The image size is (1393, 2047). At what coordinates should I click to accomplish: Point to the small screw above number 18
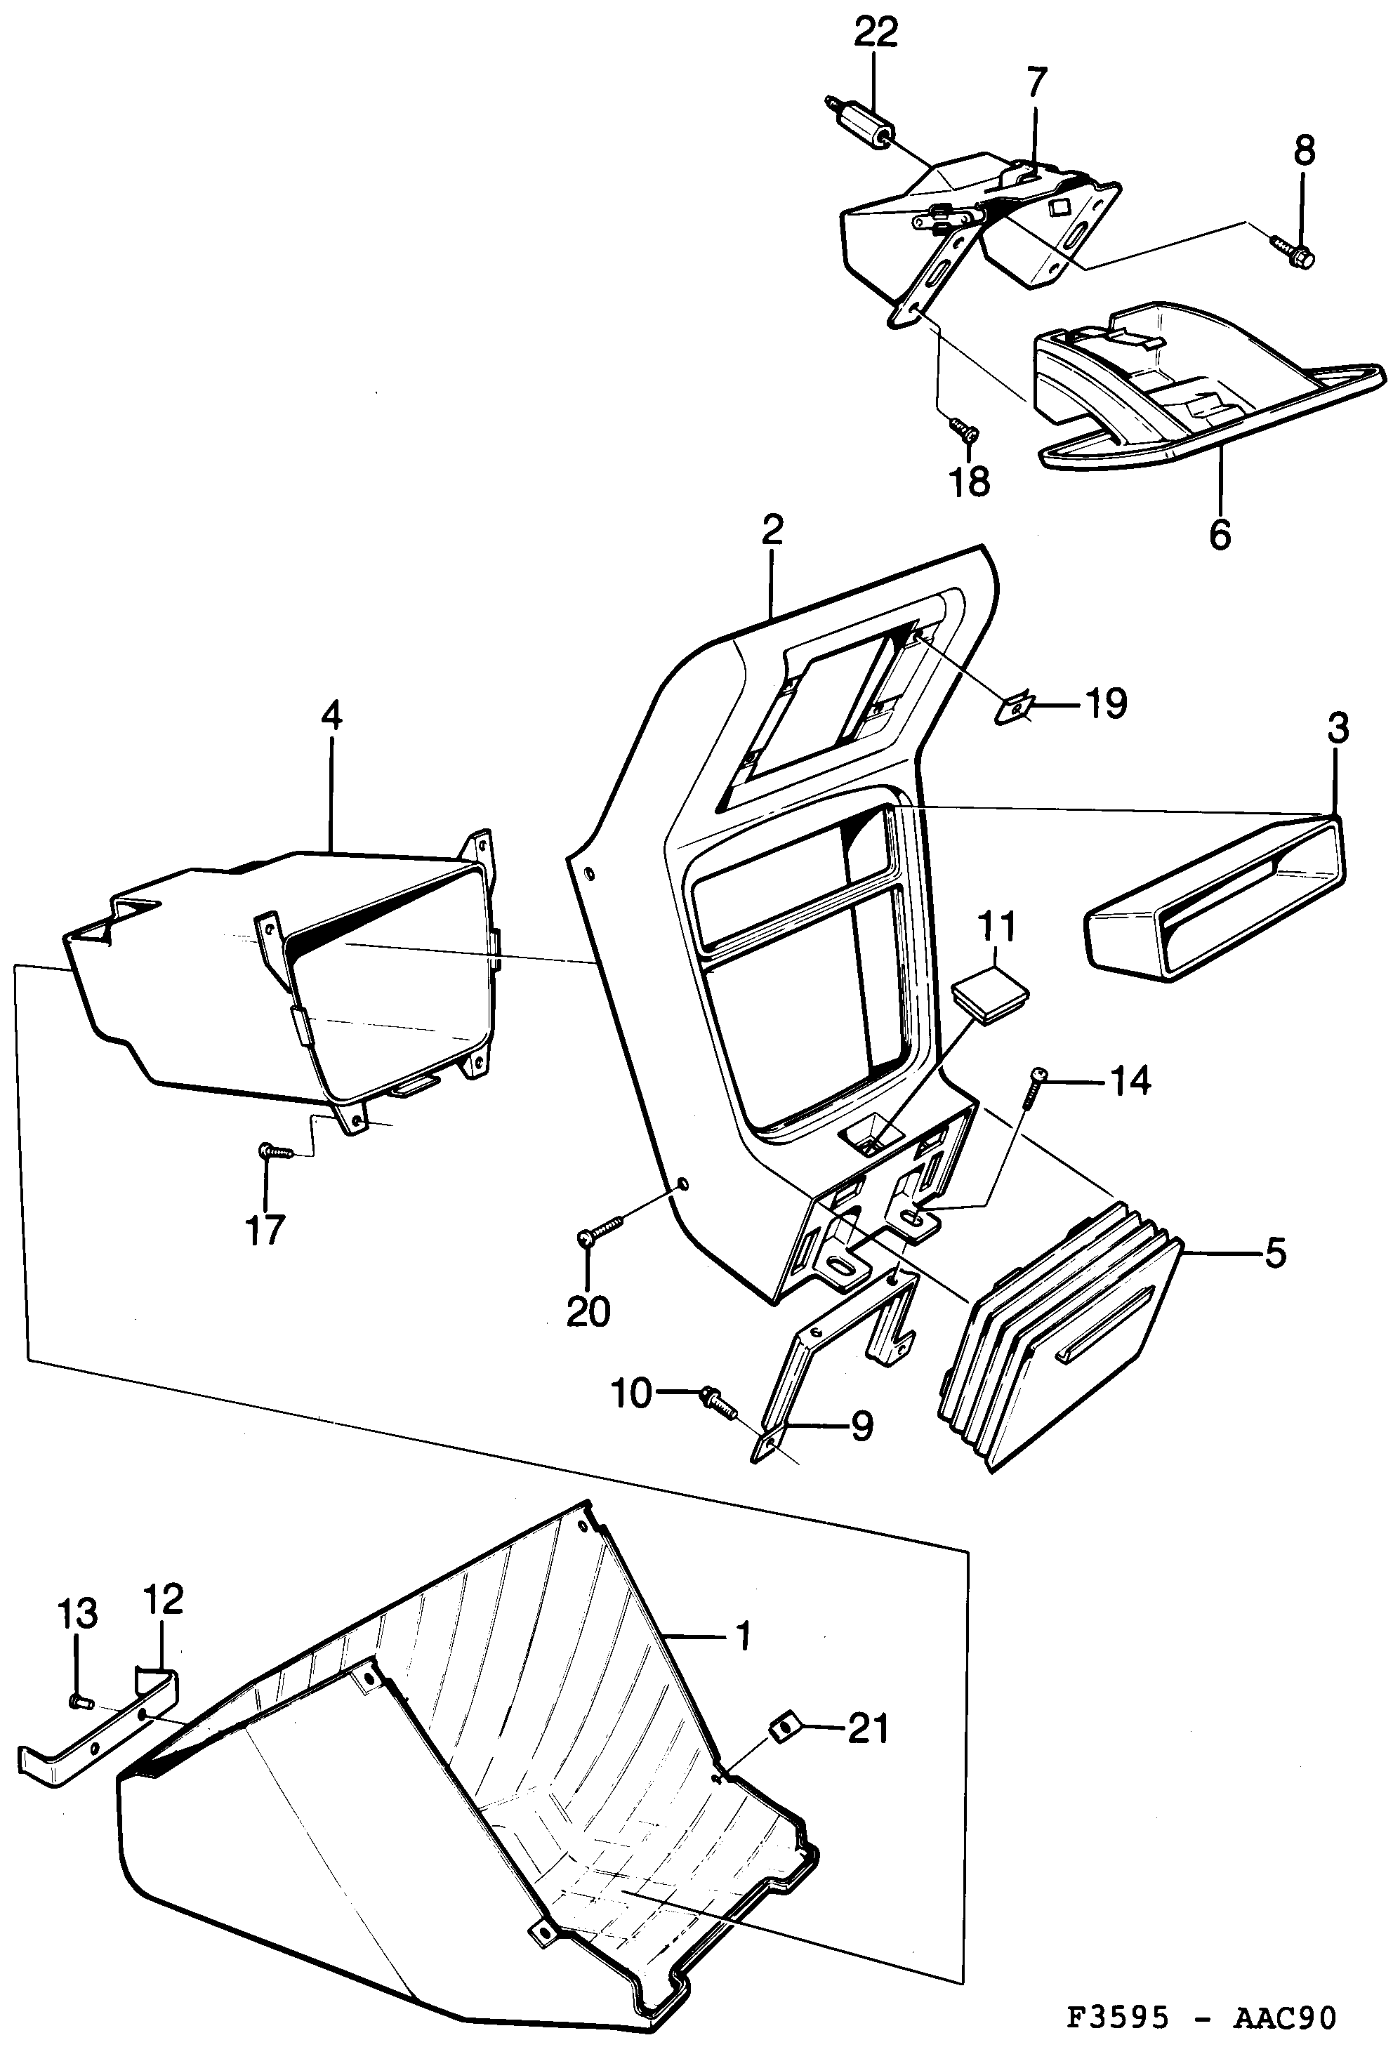(x=964, y=429)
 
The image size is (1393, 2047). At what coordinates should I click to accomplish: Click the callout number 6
(x=1220, y=533)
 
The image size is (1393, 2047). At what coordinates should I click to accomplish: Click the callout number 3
(x=1338, y=729)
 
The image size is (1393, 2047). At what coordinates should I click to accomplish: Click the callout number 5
(x=1275, y=1252)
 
